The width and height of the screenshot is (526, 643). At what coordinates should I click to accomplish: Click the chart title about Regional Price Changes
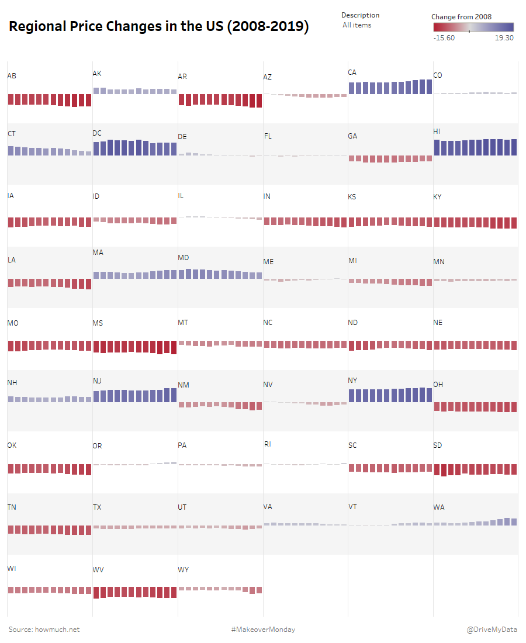tap(159, 27)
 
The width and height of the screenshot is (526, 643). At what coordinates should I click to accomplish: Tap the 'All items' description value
tap(357, 25)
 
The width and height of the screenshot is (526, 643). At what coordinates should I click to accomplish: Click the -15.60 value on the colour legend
tap(444, 38)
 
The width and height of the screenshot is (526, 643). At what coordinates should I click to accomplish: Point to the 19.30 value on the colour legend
tap(504, 38)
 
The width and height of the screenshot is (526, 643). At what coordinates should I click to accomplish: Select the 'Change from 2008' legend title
tap(461, 17)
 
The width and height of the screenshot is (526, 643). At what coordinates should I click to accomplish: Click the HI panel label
tap(437, 132)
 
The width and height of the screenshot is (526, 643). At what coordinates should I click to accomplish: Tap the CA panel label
tap(352, 72)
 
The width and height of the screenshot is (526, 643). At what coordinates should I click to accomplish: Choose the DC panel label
tap(97, 133)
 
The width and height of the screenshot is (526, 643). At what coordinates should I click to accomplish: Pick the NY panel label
tap(352, 381)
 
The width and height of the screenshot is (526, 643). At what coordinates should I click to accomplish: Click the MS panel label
tap(98, 323)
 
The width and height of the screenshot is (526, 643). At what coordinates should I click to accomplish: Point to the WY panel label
tap(183, 570)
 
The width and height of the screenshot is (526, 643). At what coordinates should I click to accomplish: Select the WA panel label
tap(439, 507)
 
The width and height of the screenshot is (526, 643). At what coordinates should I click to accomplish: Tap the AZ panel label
tap(268, 77)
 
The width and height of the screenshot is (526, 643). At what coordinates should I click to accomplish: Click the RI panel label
tap(267, 444)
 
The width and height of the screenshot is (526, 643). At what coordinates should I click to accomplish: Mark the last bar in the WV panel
tap(174, 592)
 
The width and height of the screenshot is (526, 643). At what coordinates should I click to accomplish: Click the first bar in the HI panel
tap(437, 148)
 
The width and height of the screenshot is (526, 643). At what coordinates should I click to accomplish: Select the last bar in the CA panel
tap(429, 87)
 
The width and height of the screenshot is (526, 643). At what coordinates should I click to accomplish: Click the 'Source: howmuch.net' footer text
tap(44, 630)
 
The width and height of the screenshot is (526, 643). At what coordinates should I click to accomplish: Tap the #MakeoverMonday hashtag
tap(263, 630)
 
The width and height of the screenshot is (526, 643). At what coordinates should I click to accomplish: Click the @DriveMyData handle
tap(492, 630)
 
